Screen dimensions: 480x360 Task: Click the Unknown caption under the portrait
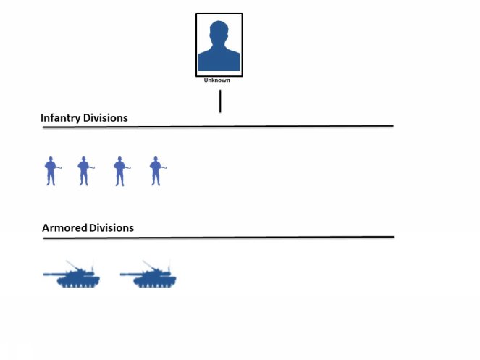point(216,80)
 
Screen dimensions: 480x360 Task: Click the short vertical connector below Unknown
point(220,101)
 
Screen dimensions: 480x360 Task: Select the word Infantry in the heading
point(61,118)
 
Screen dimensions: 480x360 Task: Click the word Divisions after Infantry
point(105,117)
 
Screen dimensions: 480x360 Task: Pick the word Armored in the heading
point(64,227)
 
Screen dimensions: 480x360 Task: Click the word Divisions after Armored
point(111,227)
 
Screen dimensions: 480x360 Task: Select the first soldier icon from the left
point(53,171)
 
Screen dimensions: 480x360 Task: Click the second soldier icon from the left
point(85,171)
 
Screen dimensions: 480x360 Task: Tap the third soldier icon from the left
point(122,171)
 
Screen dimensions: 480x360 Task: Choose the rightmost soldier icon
point(157,171)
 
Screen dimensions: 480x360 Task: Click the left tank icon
point(72,274)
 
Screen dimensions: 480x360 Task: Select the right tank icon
point(148,274)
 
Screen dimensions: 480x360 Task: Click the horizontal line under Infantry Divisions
point(218,126)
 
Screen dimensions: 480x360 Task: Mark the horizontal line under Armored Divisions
point(218,237)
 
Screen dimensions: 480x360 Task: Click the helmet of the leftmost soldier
point(51,159)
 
